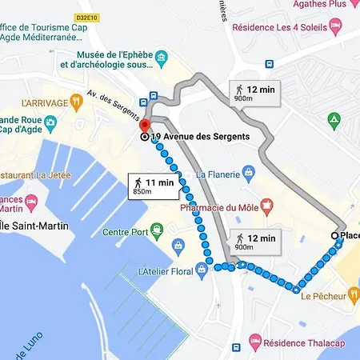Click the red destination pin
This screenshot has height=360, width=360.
(144, 126)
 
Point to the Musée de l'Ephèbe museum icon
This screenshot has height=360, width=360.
(162, 58)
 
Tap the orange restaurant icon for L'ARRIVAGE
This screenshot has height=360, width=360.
(76, 102)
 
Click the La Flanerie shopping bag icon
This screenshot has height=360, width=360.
(249, 171)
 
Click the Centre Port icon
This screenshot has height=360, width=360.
(158, 233)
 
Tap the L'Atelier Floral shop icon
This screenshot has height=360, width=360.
(202, 270)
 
